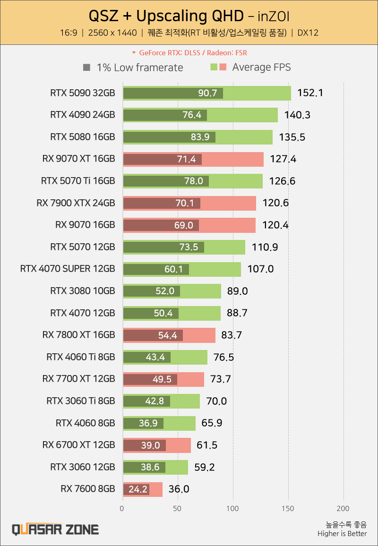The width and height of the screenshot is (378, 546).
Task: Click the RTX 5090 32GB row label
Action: pos(82,93)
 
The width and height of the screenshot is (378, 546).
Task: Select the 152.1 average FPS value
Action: pos(310,93)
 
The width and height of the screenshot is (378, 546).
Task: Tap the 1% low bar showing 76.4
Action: pos(165,115)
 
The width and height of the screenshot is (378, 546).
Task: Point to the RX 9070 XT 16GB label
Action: pos(78,159)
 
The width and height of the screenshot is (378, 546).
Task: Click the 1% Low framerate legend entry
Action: pos(133,68)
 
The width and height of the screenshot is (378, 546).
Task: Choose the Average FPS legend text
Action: pos(261,67)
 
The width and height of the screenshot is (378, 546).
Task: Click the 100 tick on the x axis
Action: pos(233,509)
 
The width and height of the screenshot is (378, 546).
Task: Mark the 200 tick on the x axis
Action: pos(344,509)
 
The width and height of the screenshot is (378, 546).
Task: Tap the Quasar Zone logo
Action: pos(55,529)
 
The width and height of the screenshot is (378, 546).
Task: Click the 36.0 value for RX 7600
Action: pos(179,489)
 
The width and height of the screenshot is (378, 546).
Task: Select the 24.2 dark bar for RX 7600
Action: pos(136,489)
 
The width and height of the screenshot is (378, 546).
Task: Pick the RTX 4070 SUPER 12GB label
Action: pos(68,269)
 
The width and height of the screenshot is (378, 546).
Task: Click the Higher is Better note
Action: pos(342,534)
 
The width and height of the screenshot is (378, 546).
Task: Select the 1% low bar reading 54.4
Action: pos(153,335)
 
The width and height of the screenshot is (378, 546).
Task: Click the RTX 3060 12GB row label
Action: pos(82,467)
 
